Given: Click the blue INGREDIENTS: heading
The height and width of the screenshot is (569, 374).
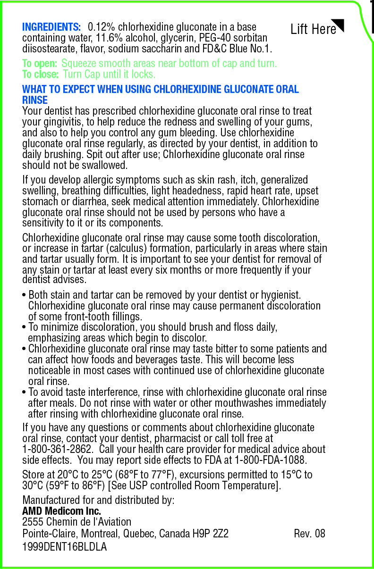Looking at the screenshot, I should [51, 27].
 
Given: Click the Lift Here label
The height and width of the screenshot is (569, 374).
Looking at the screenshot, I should [313, 29].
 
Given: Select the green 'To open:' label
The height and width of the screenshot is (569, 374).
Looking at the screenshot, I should [40, 63].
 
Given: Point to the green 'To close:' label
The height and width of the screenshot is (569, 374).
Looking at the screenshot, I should [41, 75].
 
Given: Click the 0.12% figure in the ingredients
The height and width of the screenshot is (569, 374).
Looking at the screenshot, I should [104, 27].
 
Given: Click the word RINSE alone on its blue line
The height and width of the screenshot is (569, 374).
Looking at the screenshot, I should [35, 100].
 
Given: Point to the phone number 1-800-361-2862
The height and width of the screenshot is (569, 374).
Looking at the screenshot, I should [57, 449].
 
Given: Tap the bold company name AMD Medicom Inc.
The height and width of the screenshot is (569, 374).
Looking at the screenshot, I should [61, 511].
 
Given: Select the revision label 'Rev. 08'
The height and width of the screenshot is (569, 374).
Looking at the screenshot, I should [309, 534].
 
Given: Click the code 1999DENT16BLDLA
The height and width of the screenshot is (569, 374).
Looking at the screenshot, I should [65, 547].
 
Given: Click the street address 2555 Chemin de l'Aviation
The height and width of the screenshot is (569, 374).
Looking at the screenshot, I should [77, 522].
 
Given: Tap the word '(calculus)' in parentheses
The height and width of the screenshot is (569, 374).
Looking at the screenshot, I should [128, 249].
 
